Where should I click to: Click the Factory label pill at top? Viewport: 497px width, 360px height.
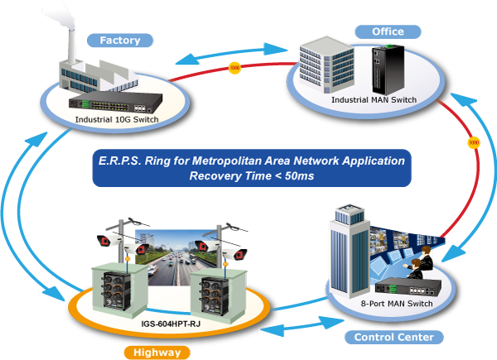(120, 40)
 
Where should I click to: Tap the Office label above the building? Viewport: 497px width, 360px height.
(387, 31)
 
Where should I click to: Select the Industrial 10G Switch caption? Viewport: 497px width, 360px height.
(117, 119)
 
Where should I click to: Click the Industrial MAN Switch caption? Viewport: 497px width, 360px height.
(374, 100)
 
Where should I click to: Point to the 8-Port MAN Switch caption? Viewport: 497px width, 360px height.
(398, 304)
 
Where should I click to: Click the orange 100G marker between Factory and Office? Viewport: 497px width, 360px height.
(234, 67)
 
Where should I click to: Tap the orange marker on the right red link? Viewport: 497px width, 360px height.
(473, 142)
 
